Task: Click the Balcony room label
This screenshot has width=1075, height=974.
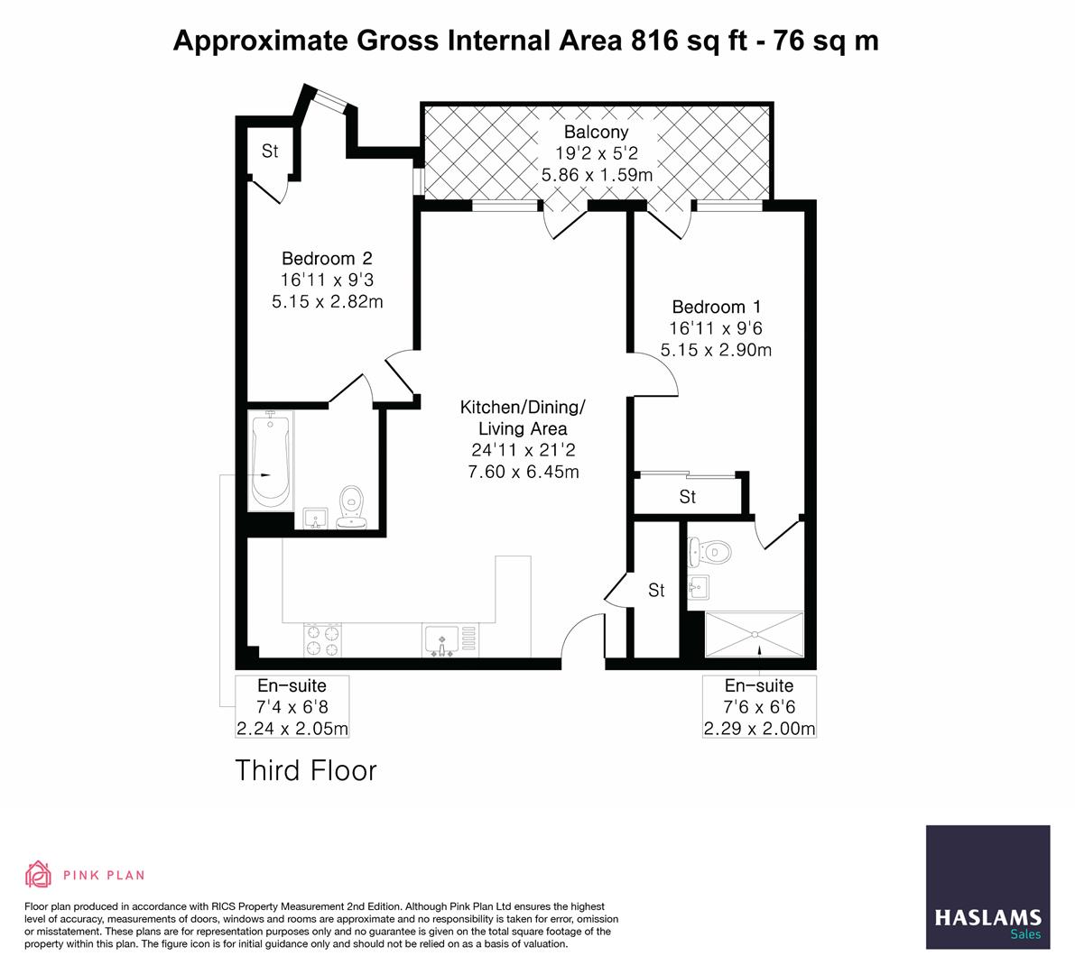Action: tap(596, 132)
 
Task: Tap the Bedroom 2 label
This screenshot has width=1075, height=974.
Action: tap(327, 258)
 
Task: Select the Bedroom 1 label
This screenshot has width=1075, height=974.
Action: tap(717, 307)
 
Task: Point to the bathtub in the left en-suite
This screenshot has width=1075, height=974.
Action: tap(270, 459)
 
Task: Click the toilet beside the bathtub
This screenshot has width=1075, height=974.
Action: tap(352, 507)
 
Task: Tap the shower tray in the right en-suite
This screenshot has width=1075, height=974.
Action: tap(755, 635)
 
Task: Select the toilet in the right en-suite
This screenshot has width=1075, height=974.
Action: tap(709, 551)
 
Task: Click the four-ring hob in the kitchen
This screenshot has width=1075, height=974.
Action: tap(322, 640)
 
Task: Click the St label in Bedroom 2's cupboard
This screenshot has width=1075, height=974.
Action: tap(270, 151)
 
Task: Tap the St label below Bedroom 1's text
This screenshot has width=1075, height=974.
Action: tap(688, 497)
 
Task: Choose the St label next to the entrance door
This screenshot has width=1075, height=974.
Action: tap(657, 590)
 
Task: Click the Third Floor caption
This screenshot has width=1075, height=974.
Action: tap(306, 770)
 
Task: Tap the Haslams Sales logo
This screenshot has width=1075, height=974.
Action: tap(988, 887)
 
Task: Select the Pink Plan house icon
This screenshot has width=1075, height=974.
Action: tap(39, 874)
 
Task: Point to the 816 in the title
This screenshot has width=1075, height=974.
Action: tap(654, 41)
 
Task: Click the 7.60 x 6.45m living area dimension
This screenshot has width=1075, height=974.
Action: tap(524, 472)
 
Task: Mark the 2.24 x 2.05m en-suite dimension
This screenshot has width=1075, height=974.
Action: tap(292, 728)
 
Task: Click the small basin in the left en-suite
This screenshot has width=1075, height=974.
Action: tap(315, 519)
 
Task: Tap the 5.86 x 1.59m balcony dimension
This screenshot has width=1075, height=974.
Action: tap(597, 175)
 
